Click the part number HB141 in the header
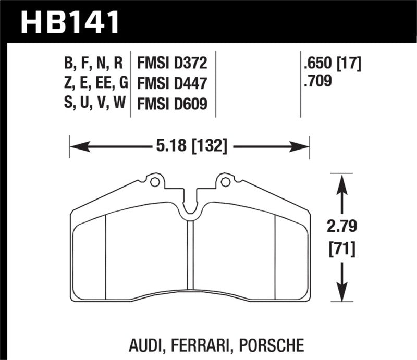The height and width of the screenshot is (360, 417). [70, 22]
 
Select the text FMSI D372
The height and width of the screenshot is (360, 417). [172, 64]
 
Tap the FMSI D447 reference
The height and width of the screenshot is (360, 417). [172, 83]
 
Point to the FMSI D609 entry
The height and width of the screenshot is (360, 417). [172, 104]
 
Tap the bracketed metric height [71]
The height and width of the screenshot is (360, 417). [342, 250]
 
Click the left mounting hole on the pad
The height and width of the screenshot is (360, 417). [154, 182]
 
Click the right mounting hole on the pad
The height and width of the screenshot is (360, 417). [225, 182]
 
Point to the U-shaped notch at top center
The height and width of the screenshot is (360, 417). [190, 206]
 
